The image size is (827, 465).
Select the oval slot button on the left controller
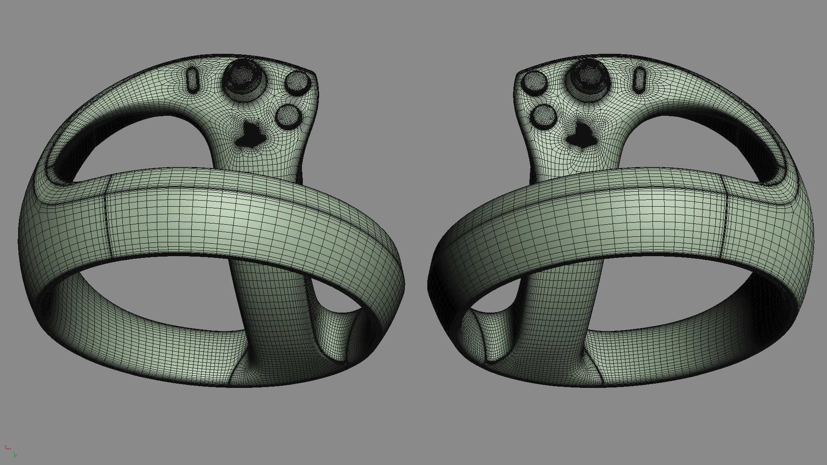[x=192, y=80]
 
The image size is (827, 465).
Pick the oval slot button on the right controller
[x=640, y=80]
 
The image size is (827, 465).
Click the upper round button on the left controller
[x=298, y=83]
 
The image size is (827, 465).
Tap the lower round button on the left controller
[x=288, y=116]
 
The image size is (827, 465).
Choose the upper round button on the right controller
[x=534, y=83]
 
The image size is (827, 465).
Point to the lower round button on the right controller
[x=544, y=116]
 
